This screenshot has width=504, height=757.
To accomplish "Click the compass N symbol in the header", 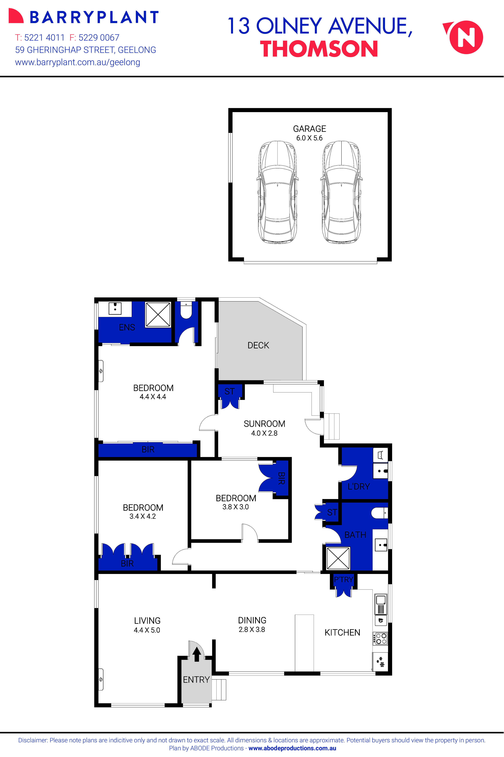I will point(466,37).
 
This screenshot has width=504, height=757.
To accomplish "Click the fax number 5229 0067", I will point(99,38).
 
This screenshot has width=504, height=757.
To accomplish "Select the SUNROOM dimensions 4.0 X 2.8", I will point(264,433).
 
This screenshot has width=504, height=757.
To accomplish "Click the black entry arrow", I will point(197,654).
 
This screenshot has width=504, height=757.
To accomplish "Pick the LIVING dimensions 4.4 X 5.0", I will point(147,630).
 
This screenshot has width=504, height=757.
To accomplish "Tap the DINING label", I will point(252,620).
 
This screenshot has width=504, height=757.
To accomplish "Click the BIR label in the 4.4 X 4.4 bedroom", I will point(148,449).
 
